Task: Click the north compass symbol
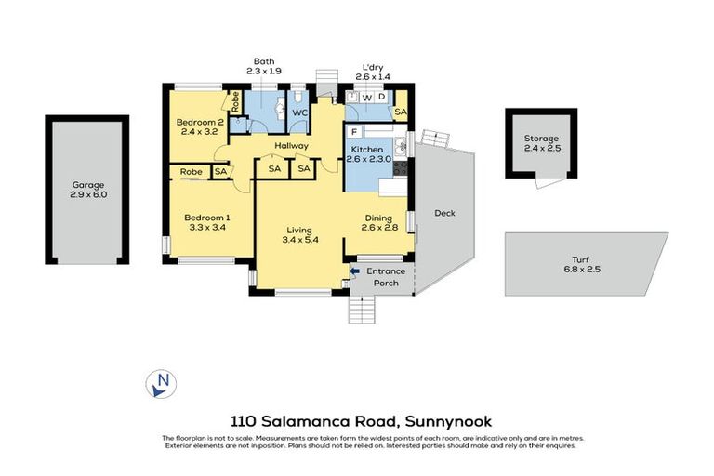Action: tap(162, 382)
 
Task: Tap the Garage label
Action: tap(88, 185)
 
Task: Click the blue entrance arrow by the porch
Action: tap(353, 271)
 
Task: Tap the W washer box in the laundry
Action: tap(366, 97)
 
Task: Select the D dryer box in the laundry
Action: tap(381, 97)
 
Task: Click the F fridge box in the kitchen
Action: tap(353, 133)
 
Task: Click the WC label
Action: tap(300, 113)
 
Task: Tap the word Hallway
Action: tap(291, 145)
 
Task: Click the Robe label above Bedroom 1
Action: tap(192, 171)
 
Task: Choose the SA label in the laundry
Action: tap(400, 112)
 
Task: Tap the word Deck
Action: tap(444, 213)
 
